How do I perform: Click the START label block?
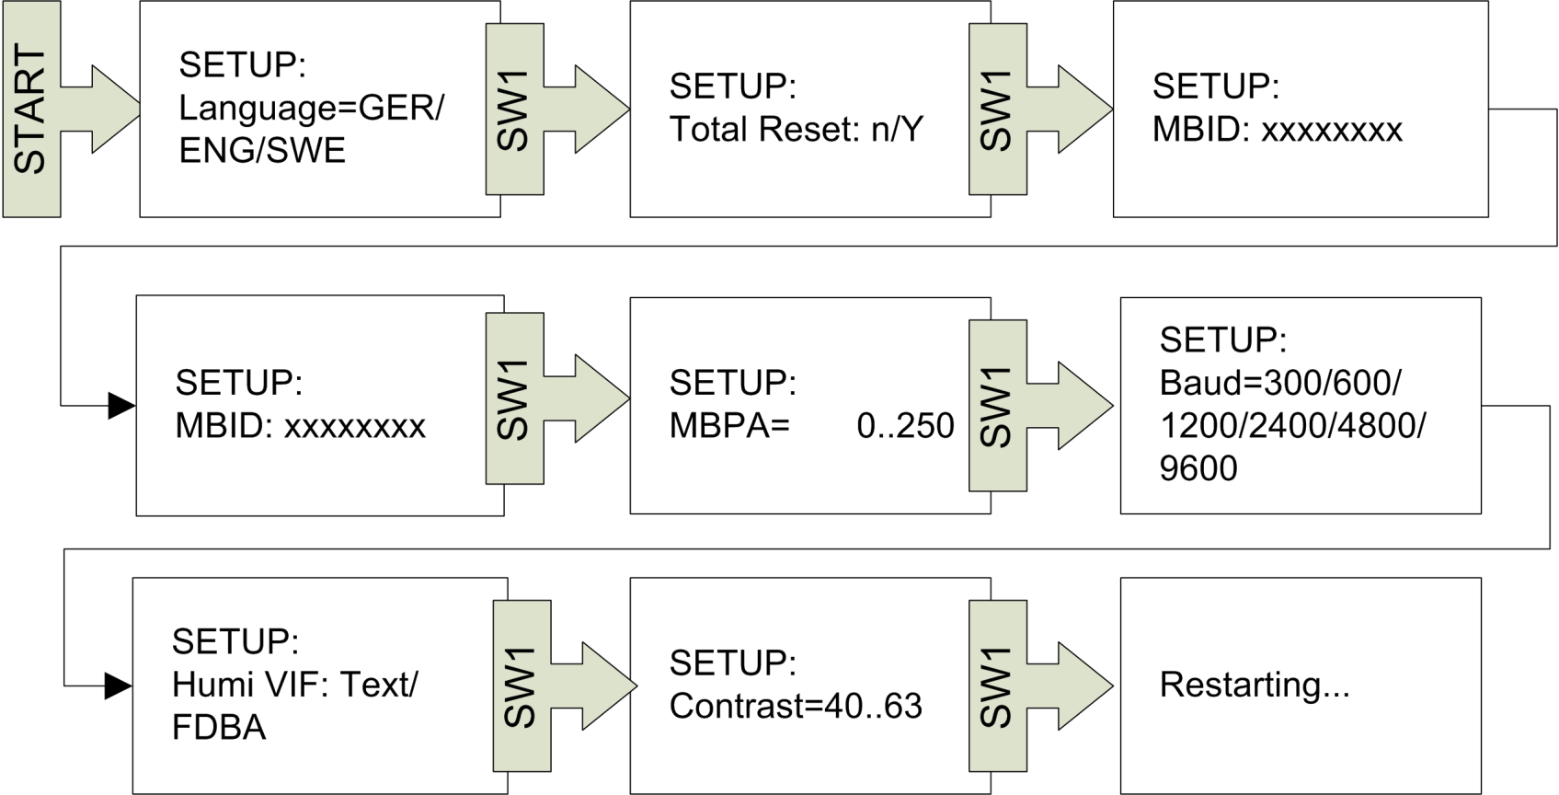pyautogui.click(x=31, y=109)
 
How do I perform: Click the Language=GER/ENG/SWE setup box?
pyautogui.click(x=313, y=109)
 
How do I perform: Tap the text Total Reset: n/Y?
pyautogui.click(x=796, y=130)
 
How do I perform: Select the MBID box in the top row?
pyautogui.click(x=1299, y=109)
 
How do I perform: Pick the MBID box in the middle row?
pyautogui.click(x=313, y=405)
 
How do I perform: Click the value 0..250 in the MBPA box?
pyautogui.click(x=905, y=426)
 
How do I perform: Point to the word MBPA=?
pyautogui.click(x=729, y=426)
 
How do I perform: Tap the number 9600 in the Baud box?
pyautogui.click(x=1198, y=468)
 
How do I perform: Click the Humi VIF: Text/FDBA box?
pyautogui.click(x=313, y=686)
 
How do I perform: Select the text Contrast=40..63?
pyautogui.click(x=796, y=706)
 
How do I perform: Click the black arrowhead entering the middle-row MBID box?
pyautogui.click(x=121, y=405)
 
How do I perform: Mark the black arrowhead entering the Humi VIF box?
pyautogui.click(x=118, y=686)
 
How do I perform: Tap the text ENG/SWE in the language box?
pyautogui.click(x=262, y=151)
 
